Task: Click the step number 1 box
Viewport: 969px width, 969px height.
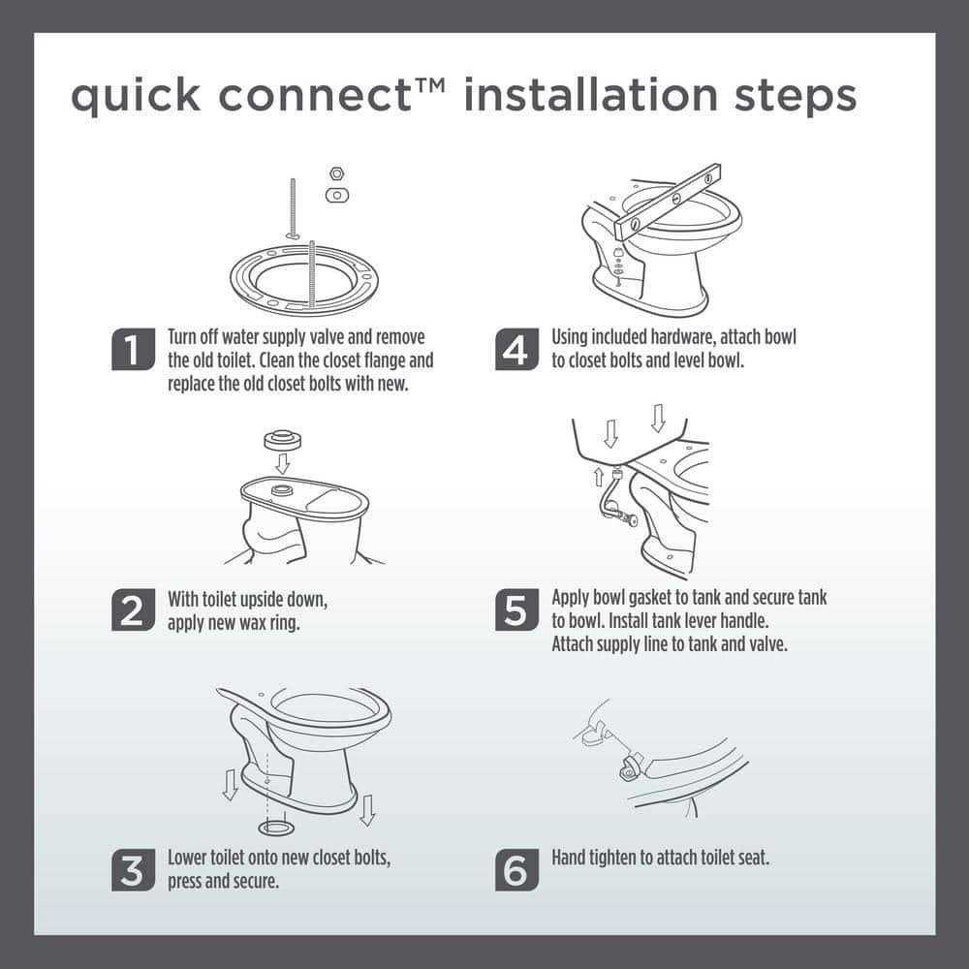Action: click(133, 350)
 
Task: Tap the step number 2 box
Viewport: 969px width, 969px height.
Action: click(133, 610)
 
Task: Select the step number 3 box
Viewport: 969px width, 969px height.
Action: click(133, 869)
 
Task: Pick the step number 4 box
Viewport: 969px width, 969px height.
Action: click(516, 350)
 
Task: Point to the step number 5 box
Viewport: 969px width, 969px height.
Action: click(516, 610)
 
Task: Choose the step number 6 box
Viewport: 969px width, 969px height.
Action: click(516, 869)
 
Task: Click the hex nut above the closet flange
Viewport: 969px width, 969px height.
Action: click(336, 173)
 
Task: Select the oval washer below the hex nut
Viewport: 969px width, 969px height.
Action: click(336, 195)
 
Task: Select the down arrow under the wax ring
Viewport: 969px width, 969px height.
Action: click(282, 464)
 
